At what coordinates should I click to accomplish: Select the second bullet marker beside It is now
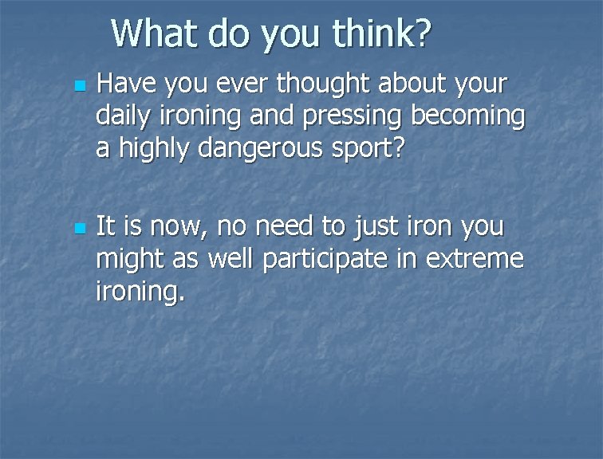77,229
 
